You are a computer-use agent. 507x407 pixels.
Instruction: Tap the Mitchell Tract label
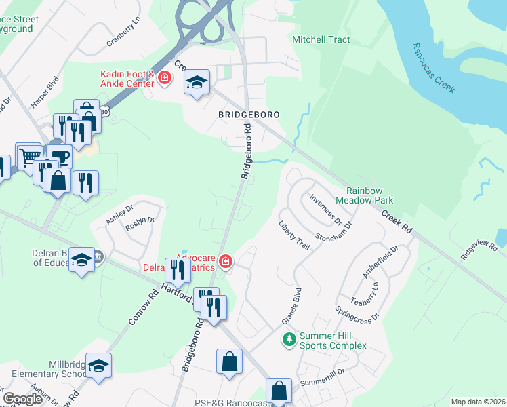tap(321, 40)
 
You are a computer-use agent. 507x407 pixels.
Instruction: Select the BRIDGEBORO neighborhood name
tap(249, 115)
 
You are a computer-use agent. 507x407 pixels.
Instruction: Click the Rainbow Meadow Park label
tap(370, 195)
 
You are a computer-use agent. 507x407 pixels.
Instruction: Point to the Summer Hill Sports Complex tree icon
tap(289, 339)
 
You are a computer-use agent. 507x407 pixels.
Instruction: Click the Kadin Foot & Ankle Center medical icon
tap(163, 79)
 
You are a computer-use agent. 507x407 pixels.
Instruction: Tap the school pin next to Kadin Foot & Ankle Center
tap(197, 83)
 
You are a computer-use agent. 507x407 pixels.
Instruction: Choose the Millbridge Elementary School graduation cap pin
tap(98, 366)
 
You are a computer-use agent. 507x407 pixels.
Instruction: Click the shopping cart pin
tap(28, 157)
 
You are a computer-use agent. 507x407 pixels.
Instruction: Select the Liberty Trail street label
tap(294, 235)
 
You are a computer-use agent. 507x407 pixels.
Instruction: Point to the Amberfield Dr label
tap(378, 262)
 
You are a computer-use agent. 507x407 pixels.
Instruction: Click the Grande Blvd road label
tap(291, 306)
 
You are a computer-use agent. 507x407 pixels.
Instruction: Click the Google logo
tap(23, 399)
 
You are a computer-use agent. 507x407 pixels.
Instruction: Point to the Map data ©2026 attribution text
tap(478, 402)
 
